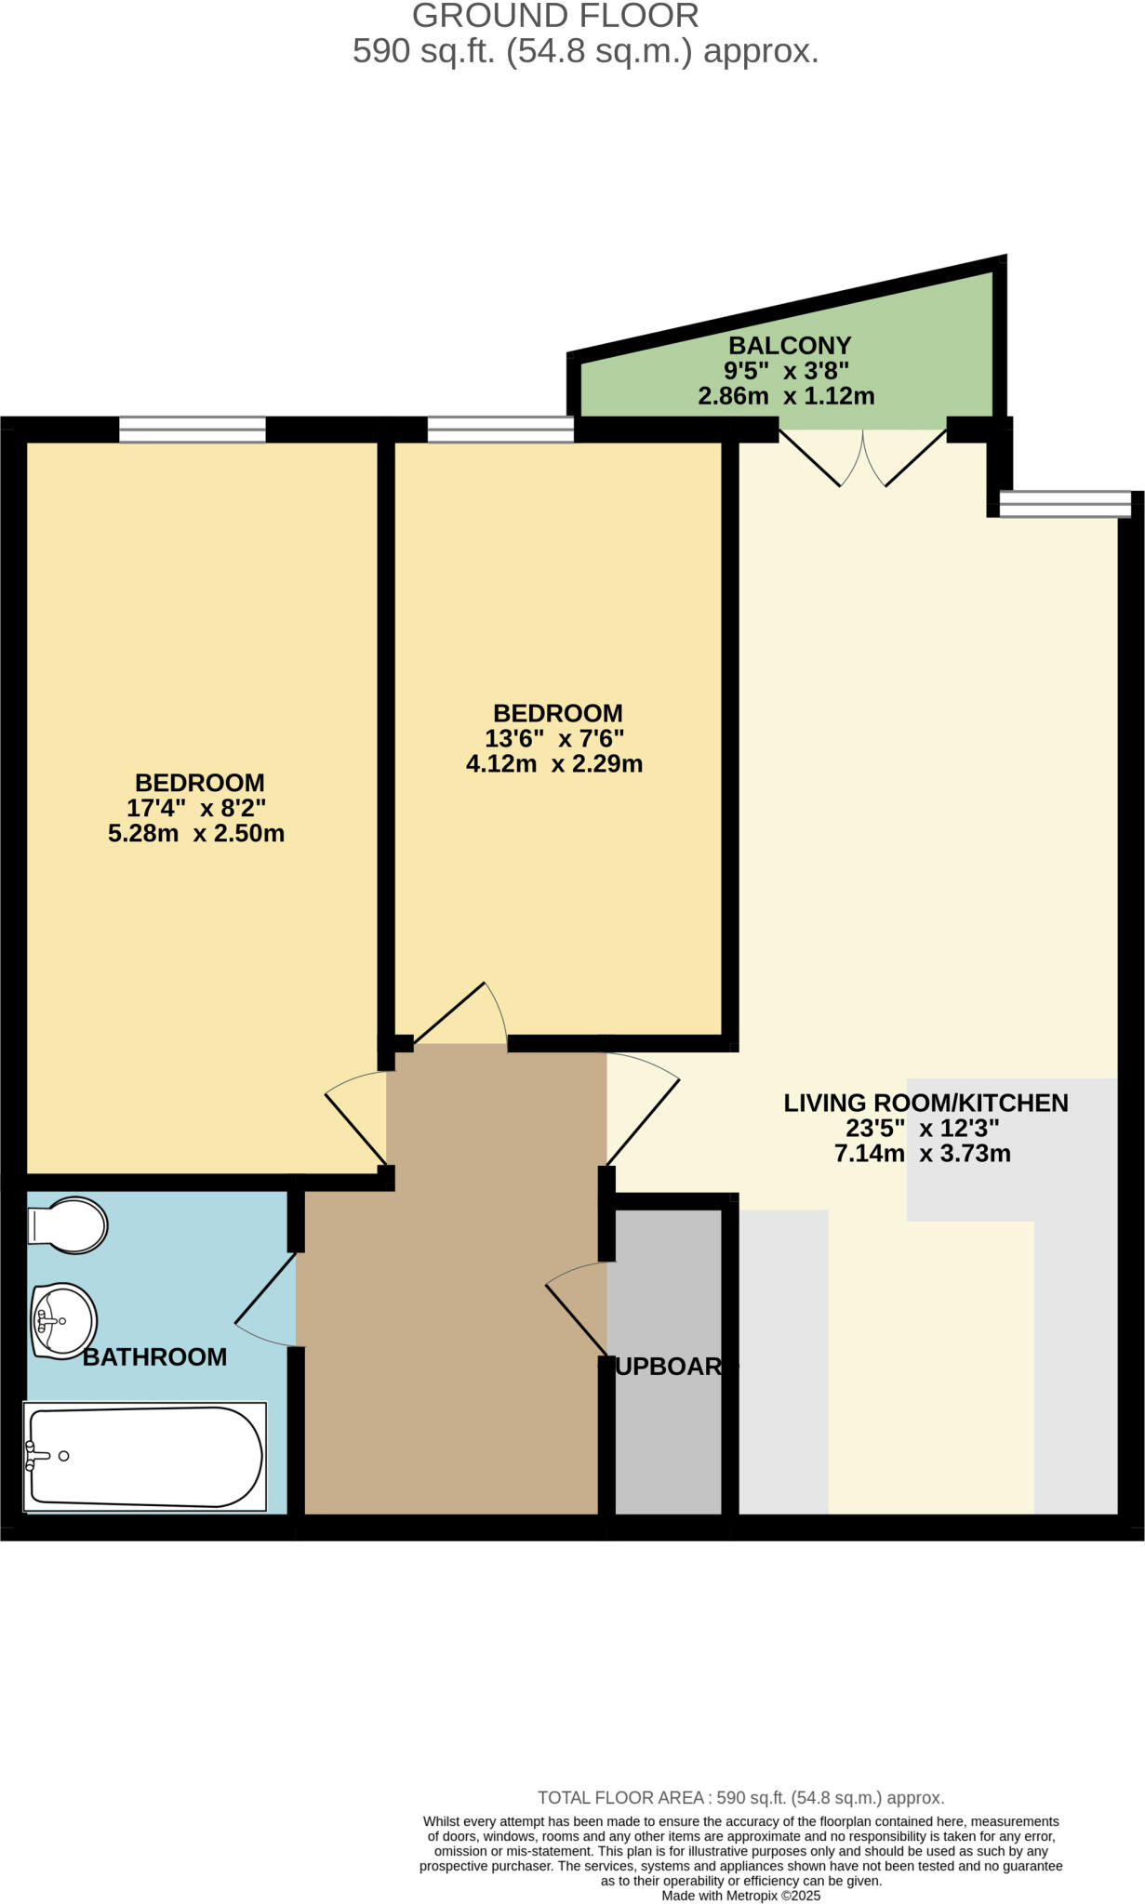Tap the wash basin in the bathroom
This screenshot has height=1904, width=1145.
pyautogui.click(x=63, y=1320)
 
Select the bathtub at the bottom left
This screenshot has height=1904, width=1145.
pyautogui.click(x=145, y=1457)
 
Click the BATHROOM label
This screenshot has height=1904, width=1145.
pyautogui.click(x=154, y=1357)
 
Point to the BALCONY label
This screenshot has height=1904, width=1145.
pyautogui.click(x=789, y=346)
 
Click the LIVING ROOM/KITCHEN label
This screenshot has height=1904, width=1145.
pyautogui.click(x=925, y=1104)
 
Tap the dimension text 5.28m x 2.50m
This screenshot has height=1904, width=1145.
pyautogui.click(x=196, y=833)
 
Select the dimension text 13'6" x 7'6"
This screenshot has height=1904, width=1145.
pyautogui.click(x=554, y=739)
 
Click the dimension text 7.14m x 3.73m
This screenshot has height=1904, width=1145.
pyautogui.click(x=923, y=1155)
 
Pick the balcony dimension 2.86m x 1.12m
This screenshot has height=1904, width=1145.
pyautogui.click(x=786, y=397)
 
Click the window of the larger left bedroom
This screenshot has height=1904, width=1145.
pyautogui.click(x=193, y=430)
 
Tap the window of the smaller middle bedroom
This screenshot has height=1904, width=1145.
pyautogui.click(x=500, y=430)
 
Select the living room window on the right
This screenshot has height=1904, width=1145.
pyautogui.click(x=1065, y=504)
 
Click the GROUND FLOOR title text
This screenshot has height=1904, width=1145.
pyautogui.click(x=555, y=16)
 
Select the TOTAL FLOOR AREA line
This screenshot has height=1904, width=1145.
pyautogui.click(x=740, y=1798)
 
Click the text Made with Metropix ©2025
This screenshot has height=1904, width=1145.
pyautogui.click(x=740, y=1896)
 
